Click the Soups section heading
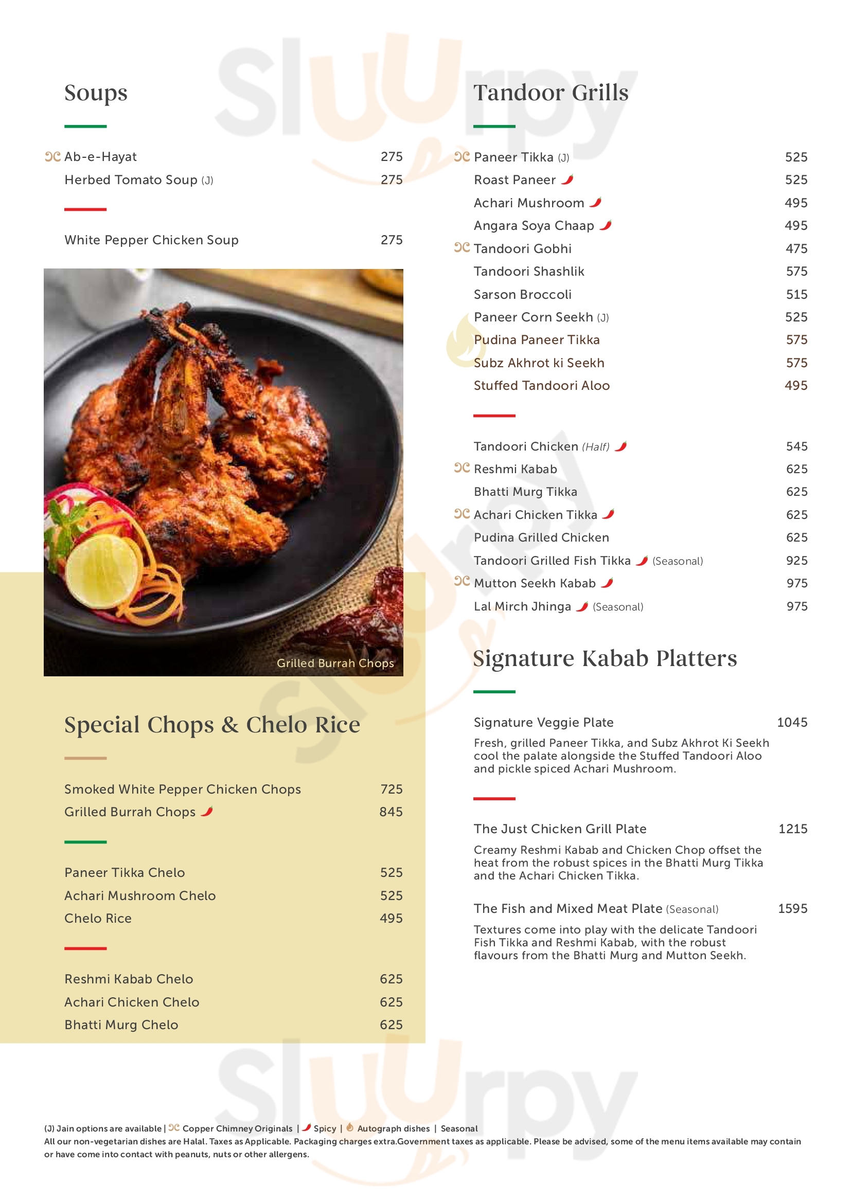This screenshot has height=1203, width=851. pyautogui.click(x=96, y=93)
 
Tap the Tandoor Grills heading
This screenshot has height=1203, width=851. pyautogui.click(x=551, y=93)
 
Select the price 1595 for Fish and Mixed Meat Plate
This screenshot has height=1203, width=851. pyautogui.click(x=792, y=908)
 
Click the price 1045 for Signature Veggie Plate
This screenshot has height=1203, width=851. pyautogui.click(x=792, y=723)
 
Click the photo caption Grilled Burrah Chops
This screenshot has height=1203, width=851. pyautogui.click(x=335, y=663)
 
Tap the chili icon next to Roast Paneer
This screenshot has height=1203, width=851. pyautogui.click(x=568, y=179)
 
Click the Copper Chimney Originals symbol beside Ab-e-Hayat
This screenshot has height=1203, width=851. pyautogui.click(x=52, y=157)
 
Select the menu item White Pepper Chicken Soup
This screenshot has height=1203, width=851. pyautogui.click(x=151, y=240)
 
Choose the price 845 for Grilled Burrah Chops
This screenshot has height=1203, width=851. pyautogui.click(x=391, y=812)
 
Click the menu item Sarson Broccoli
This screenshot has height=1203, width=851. pyautogui.click(x=522, y=295)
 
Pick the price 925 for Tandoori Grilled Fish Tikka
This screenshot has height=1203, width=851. pyautogui.click(x=796, y=561)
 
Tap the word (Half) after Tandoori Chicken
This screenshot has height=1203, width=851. pyautogui.click(x=596, y=447)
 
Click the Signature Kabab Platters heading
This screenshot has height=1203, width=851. pyautogui.click(x=605, y=659)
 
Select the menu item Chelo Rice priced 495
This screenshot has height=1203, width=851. pyautogui.click(x=98, y=919)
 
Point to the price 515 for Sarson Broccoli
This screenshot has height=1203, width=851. pyautogui.click(x=796, y=295)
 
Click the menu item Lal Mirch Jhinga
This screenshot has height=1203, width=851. pyautogui.click(x=522, y=607)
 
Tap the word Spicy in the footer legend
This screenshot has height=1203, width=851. pyautogui.click(x=325, y=1128)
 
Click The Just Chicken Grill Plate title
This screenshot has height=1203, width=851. pyautogui.click(x=560, y=829)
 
